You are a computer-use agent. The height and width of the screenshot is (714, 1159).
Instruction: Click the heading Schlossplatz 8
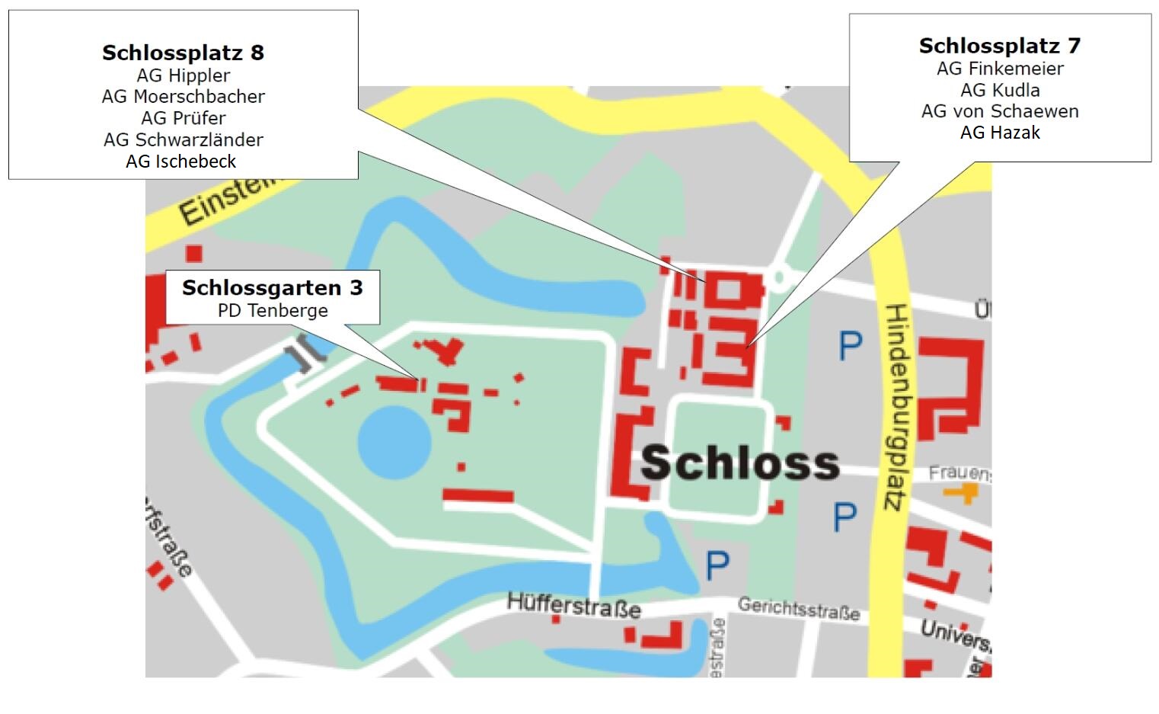coord(183,53)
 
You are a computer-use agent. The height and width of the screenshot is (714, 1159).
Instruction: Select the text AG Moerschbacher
coord(183,97)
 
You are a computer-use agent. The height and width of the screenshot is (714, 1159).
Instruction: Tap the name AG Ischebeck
coord(181,162)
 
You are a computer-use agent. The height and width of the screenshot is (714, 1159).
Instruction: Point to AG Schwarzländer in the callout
coord(183,140)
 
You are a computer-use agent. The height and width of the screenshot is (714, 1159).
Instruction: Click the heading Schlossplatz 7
coord(999,46)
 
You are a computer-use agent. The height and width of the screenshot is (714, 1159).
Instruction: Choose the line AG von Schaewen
coord(999,111)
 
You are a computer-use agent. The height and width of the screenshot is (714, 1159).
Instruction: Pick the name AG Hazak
coord(999,133)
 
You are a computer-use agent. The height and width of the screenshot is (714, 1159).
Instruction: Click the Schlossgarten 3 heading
coord(272,288)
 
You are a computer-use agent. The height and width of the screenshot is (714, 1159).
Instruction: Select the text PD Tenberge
coord(272,311)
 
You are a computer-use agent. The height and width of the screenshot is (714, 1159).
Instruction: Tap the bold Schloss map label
coord(739,463)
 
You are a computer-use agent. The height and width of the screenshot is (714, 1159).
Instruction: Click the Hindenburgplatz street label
coord(896,407)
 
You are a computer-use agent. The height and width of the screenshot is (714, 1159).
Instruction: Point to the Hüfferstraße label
coord(573,606)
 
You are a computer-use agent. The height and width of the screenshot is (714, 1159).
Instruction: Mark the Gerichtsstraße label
coord(798,608)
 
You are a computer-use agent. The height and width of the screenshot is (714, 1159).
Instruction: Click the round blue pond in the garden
coord(394,442)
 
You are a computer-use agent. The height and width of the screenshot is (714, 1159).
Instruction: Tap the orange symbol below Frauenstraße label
coord(962,494)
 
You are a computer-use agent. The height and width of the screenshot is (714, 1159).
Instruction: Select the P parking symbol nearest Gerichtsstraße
coord(717,565)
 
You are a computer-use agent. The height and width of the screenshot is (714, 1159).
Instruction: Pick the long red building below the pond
coord(478,496)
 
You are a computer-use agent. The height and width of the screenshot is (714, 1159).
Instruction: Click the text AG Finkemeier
coord(999,69)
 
